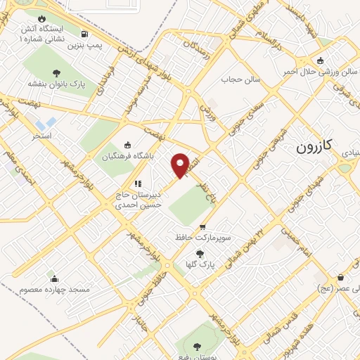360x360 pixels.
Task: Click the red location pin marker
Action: click(181, 165)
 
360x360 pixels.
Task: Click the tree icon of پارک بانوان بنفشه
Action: click(56, 72)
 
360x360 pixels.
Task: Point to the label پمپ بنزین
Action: click(80, 46)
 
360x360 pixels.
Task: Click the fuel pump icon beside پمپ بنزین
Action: click(85, 34)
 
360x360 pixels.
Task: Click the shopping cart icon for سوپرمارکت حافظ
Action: click(203, 227)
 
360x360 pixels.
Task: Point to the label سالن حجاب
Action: click(241, 79)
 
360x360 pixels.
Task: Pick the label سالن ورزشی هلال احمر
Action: click(320, 72)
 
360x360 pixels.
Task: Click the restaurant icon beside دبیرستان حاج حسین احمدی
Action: click(138, 184)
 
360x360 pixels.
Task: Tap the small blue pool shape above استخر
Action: click(50, 122)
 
